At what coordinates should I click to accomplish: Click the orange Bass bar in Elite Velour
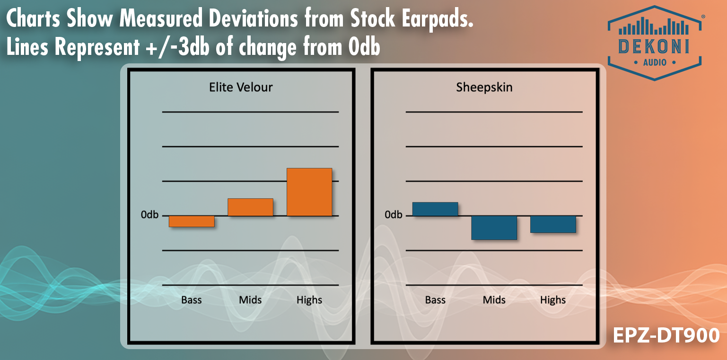(x=192, y=221)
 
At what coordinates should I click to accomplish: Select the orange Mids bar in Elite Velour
(x=250, y=207)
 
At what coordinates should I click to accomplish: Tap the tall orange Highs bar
(x=309, y=192)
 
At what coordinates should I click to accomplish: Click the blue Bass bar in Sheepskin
(x=435, y=209)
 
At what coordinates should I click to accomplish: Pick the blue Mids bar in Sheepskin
(x=494, y=228)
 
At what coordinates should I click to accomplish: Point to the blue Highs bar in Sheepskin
(x=553, y=224)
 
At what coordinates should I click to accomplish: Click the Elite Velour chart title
(x=241, y=87)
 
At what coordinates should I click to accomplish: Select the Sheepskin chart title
(x=484, y=87)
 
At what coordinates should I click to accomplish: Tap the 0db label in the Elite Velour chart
(x=149, y=215)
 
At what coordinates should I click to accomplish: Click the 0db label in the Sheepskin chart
(x=394, y=215)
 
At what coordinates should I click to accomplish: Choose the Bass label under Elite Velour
(x=192, y=300)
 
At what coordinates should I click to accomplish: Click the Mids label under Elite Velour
(x=250, y=300)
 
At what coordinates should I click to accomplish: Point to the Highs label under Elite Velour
(x=309, y=300)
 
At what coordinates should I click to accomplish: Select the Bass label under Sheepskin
(x=435, y=300)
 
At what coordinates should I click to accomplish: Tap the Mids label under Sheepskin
(x=494, y=300)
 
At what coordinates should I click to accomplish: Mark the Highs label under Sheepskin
(x=553, y=300)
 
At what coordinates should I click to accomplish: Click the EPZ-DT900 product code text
(x=666, y=335)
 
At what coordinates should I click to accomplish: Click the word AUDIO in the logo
(x=655, y=62)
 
